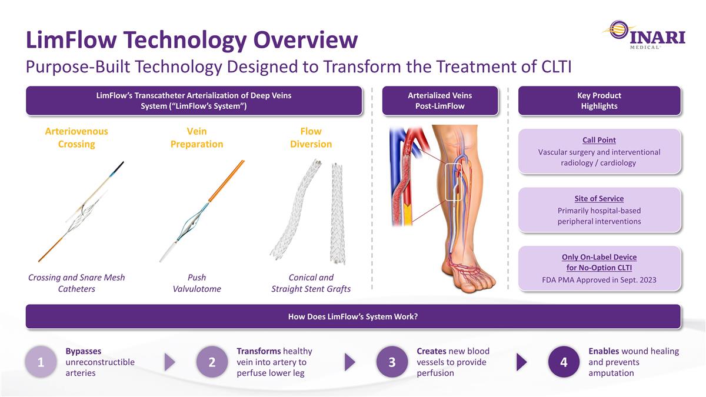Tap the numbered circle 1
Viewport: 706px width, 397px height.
(41, 362)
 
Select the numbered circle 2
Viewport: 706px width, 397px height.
(212, 362)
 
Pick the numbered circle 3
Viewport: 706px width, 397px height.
(392, 362)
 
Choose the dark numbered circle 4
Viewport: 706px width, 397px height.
(564, 362)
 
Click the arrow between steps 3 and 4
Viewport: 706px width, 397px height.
(522, 362)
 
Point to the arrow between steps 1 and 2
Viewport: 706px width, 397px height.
(169, 362)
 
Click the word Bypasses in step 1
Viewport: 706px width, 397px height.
(83, 351)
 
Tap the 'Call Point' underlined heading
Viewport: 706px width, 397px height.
(599, 140)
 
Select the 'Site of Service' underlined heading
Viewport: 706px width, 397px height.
(599, 199)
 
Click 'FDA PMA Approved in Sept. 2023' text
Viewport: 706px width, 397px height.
(599, 280)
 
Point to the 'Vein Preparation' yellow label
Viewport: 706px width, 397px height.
(197, 138)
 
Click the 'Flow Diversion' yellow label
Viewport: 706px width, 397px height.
(311, 138)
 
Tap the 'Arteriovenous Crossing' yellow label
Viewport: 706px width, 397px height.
(76, 138)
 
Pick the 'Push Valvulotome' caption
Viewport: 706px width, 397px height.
(197, 283)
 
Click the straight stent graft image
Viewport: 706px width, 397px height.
(337, 213)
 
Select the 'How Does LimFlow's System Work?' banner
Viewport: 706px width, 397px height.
(353, 316)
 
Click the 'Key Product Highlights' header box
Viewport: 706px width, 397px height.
(599, 101)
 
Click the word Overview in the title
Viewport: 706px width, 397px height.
(305, 40)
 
